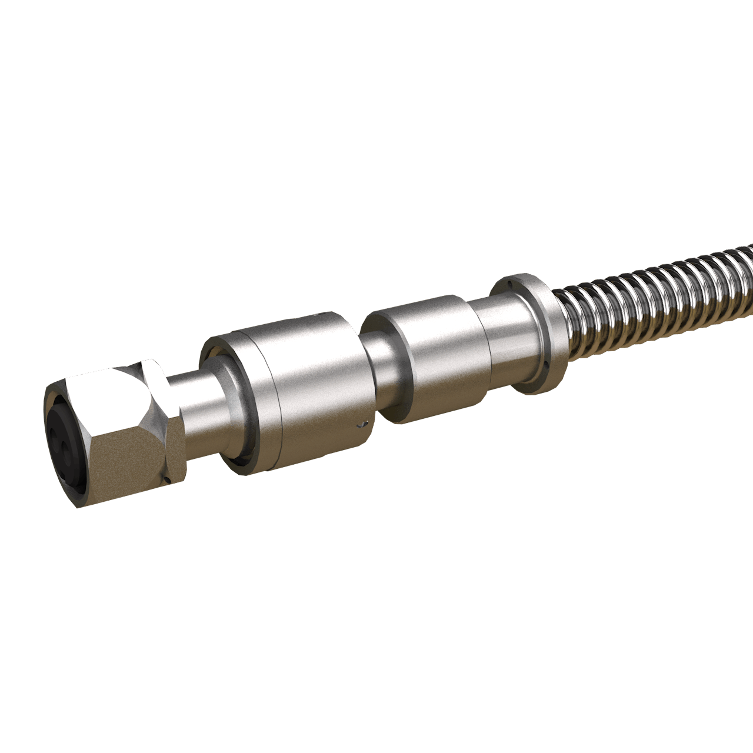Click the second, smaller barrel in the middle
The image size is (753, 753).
point(435,353)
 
